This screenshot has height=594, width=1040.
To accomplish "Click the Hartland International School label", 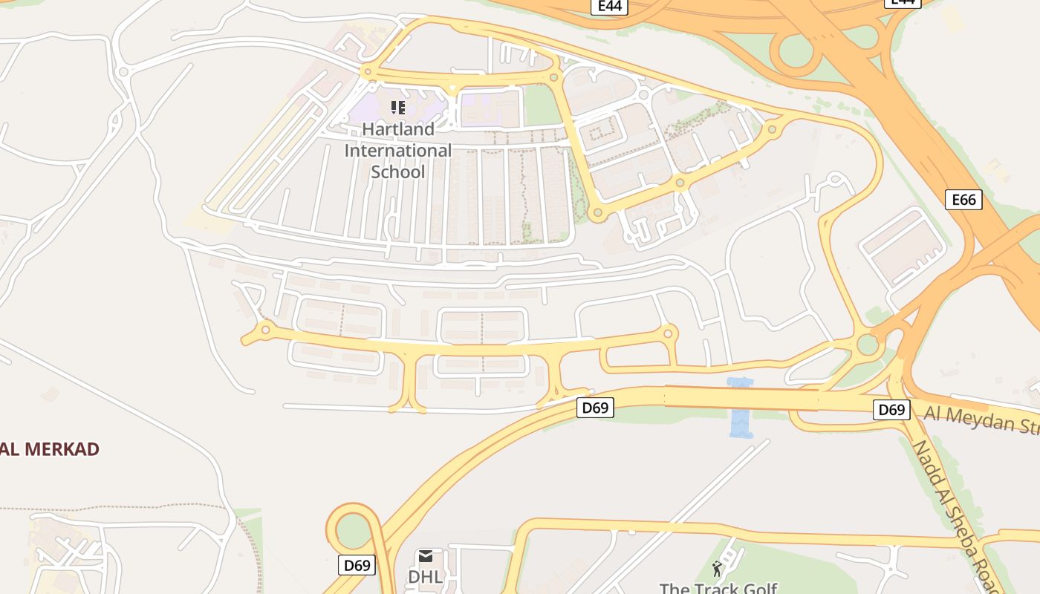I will (x=397, y=151).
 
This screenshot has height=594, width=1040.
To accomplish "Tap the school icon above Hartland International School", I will (x=398, y=108).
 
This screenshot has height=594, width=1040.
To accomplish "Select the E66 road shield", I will (x=963, y=200).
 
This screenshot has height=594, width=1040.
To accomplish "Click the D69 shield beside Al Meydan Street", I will (x=891, y=409).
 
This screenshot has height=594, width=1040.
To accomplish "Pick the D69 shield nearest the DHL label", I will (x=357, y=565).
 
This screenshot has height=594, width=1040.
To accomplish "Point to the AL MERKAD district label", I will (x=49, y=449).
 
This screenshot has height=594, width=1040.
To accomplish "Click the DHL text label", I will (x=425, y=577).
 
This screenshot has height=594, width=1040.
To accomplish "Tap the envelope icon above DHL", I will (x=425, y=556).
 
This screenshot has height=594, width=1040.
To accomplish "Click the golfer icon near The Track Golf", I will (x=717, y=569).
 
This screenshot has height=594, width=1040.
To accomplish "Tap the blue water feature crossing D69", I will (x=741, y=408).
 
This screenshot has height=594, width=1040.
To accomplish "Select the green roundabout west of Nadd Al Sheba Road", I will (x=867, y=345).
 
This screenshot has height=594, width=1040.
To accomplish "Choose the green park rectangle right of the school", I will (x=542, y=106).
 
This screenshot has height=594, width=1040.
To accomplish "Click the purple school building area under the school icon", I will (x=379, y=111).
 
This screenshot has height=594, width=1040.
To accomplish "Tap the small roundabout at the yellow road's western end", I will (x=265, y=330).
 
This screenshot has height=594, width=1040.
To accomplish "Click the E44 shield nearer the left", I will (x=610, y=6).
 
